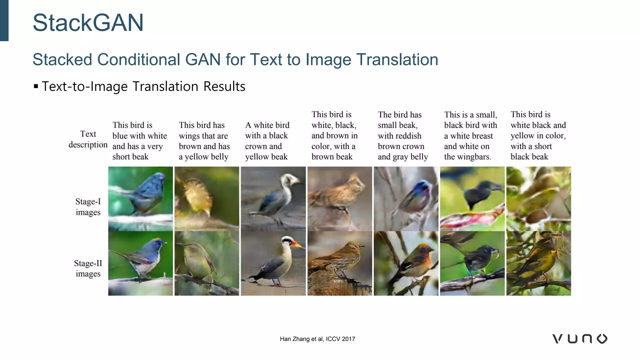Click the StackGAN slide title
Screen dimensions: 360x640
tap(88, 23)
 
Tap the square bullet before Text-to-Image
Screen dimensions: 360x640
tap(36, 86)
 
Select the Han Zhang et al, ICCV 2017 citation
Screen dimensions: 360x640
tap(317, 339)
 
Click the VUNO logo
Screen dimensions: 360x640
tap(580, 339)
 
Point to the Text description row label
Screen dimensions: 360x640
tap(88, 139)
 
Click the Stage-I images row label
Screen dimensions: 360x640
tap(88, 207)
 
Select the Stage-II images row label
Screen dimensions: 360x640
tap(88, 268)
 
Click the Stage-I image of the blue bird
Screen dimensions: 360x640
tap(141, 199)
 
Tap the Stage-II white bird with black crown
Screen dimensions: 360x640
tap(273, 263)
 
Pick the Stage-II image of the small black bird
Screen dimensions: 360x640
tap(472, 263)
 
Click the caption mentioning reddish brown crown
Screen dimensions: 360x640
tap(402, 136)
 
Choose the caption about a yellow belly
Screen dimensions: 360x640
tap(204, 141)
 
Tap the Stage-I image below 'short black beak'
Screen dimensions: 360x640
tap(538, 199)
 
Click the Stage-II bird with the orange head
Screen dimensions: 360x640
tap(406, 263)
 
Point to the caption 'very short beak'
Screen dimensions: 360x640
tap(139, 141)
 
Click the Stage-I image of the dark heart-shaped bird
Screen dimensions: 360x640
tap(472, 199)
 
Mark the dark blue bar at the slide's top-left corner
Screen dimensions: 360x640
tap(4, 20)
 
